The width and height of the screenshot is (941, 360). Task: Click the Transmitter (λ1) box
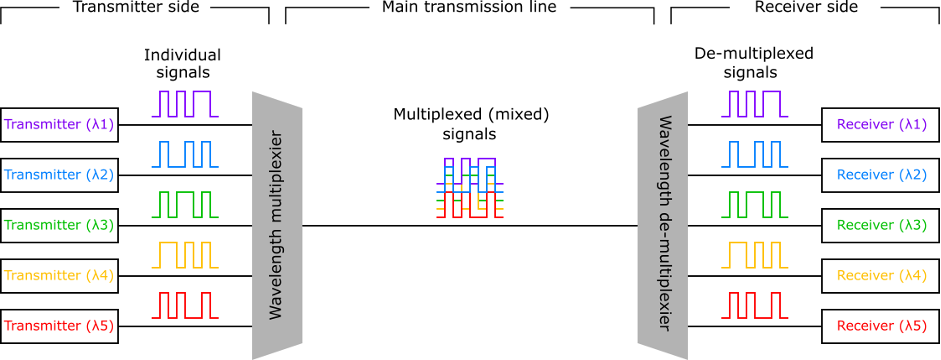coord(60,125)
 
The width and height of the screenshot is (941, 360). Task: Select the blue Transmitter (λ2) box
coord(60,175)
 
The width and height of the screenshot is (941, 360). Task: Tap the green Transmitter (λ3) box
coord(60,226)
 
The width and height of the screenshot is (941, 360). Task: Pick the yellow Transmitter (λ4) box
coord(60,276)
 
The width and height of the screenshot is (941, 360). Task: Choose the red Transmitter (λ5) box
coord(60,326)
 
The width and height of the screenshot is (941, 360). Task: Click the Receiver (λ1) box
coord(880,125)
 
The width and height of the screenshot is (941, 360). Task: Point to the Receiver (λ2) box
coord(880,175)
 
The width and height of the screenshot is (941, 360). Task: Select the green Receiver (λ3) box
coord(880,226)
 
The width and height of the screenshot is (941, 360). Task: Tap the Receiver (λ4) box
coord(880,276)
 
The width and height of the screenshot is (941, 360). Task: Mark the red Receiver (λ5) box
coord(880,326)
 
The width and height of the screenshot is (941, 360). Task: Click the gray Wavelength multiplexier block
coord(277,226)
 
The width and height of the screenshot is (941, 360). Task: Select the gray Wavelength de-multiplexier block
coord(663,226)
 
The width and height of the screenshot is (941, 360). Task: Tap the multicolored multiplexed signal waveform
coord(469,187)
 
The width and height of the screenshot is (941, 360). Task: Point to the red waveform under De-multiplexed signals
coord(753,305)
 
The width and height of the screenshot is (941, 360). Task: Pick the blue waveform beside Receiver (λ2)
coord(753,154)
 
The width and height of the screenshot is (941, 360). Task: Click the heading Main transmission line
coord(470,7)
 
